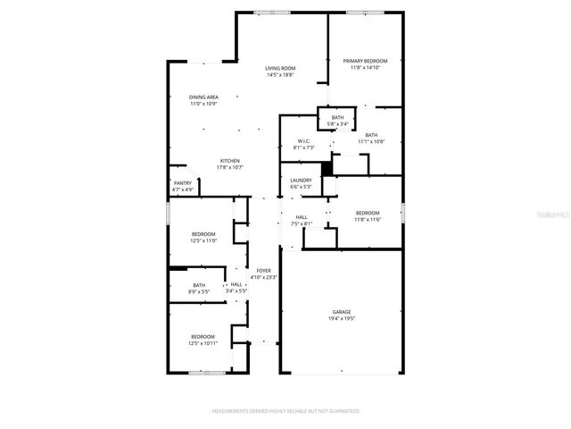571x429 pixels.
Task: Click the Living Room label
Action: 280,69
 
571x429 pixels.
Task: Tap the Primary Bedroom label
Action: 365,61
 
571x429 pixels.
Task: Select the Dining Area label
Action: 203,97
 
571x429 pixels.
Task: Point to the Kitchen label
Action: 230,161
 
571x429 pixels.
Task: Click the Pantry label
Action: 182,183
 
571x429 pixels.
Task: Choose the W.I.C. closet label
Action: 303,142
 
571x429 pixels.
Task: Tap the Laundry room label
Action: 301,181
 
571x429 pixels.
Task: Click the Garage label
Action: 342,312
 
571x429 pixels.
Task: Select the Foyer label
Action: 263,271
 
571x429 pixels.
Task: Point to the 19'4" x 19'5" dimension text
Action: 342,318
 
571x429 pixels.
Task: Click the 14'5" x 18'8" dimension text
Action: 280,75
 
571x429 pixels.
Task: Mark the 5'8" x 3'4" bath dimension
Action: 337,123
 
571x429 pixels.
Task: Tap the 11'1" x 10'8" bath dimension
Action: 371,141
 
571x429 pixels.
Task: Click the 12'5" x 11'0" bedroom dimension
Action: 203,240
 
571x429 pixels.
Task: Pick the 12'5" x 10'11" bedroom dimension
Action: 203,342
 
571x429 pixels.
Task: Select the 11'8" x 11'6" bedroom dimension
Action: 368,219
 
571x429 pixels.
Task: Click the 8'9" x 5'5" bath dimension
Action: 198,291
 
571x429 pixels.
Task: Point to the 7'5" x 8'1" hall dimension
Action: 302,223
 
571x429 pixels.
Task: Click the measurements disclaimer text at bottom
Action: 285,411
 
